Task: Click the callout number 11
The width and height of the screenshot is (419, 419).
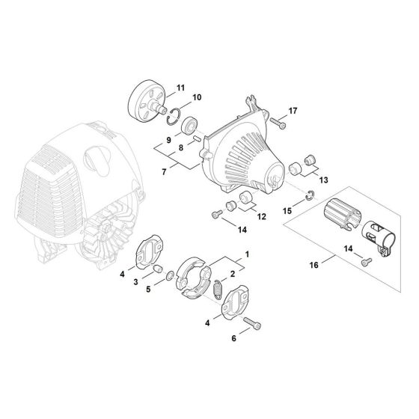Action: pyautogui.click(x=180, y=88)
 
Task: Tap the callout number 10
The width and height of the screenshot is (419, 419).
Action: pyautogui.click(x=197, y=98)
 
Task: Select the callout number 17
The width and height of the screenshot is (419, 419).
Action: pyautogui.click(x=292, y=111)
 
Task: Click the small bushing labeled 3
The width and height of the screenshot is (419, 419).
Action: pyautogui.click(x=159, y=269)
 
